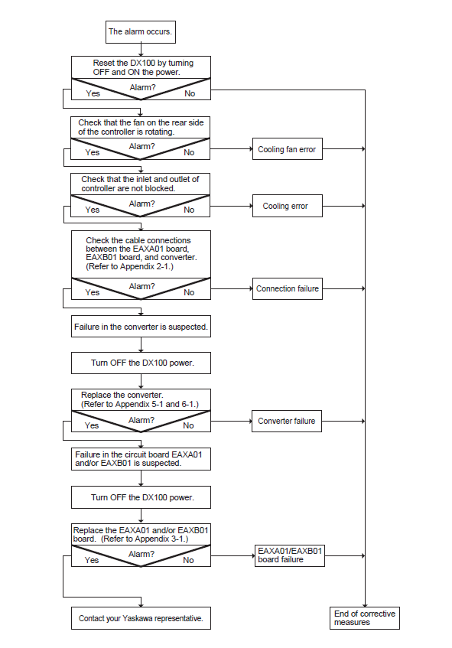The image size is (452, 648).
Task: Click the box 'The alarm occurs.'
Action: [141, 32]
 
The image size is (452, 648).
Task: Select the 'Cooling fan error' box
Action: [287, 148]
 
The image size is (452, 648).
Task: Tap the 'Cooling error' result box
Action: [287, 206]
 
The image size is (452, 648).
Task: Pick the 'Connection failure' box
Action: [287, 288]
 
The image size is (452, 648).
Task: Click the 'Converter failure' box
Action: [286, 421]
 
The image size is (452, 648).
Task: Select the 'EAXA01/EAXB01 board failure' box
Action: [290, 555]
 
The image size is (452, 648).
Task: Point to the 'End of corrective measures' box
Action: [364, 618]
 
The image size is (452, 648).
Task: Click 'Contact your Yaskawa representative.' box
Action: [141, 618]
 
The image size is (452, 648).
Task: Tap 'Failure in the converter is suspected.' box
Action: [141, 327]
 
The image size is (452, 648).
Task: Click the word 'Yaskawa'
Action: [137, 618]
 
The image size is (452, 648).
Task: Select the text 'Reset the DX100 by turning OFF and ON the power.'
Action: [143, 67]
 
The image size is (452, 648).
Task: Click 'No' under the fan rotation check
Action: [189, 152]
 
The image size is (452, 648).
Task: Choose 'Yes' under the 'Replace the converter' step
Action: [91, 425]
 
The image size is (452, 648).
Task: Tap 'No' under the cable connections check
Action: [189, 292]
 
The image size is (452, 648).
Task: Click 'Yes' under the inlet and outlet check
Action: [92, 210]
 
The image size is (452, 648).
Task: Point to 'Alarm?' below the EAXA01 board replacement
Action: [141, 554]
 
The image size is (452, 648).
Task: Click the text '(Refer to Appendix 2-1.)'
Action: [130, 266]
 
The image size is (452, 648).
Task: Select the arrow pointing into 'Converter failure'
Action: [231, 421]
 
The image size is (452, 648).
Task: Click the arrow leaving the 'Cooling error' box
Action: [343, 206]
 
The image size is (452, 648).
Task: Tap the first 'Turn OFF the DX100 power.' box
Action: [141, 363]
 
